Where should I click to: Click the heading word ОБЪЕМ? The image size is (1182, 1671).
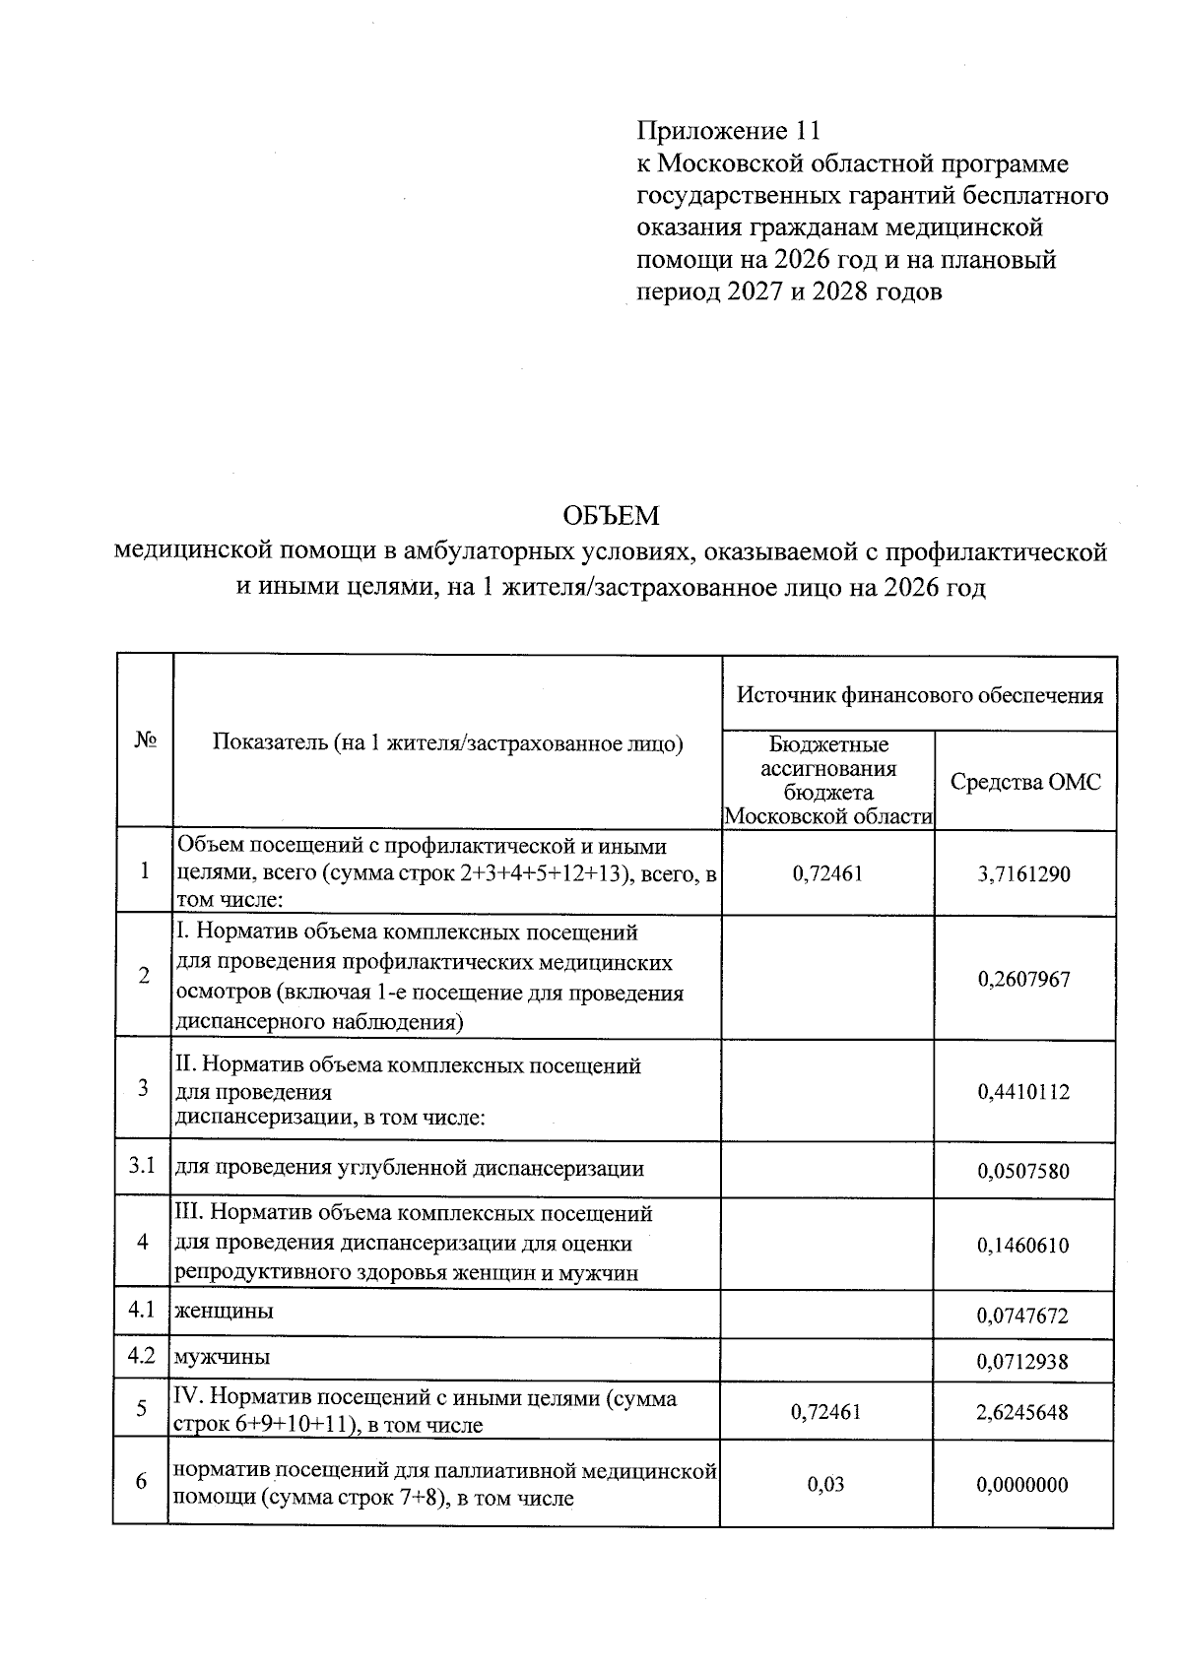click(610, 515)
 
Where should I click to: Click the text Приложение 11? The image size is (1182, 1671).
click(728, 130)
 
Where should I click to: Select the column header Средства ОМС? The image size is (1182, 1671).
click(1025, 782)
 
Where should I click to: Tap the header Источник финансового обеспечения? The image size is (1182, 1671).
click(920, 695)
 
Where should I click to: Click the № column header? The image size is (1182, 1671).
click(145, 741)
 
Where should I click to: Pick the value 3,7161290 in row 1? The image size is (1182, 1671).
click(1024, 873)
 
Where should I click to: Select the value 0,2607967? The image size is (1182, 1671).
click(1023, 979)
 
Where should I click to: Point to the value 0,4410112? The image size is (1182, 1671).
click(1023, 1091)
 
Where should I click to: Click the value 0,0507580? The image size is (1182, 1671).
click(1023, 1171)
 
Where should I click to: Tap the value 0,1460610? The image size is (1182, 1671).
click(1023, 1245)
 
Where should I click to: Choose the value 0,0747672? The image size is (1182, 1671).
click(1023, 1316)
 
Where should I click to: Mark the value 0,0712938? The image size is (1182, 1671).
click(1023, 1362)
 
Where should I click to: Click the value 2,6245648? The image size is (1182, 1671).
click(1023, 1412)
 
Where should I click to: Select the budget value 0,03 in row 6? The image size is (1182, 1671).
click(826, 1484)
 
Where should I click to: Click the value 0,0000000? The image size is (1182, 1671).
click(1023, 1484)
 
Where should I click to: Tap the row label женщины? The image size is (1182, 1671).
click(225, 1311)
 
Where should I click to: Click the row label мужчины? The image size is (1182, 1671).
click(223, 1357)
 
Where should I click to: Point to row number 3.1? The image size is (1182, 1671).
click(143, 1167)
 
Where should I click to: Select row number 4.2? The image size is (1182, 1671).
click(143, 1356)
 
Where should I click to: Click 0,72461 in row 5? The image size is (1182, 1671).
click(826, 1412)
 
